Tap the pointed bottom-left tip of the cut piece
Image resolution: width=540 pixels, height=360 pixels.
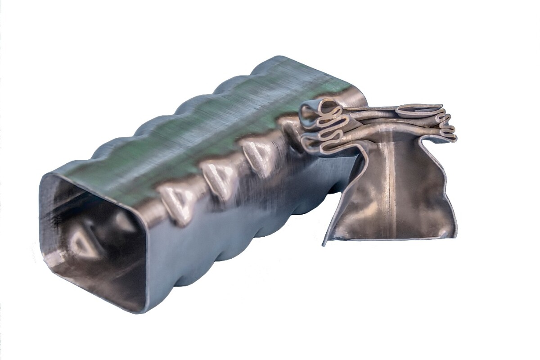coord(324,244)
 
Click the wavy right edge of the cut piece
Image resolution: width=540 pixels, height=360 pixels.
coord(443,180)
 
